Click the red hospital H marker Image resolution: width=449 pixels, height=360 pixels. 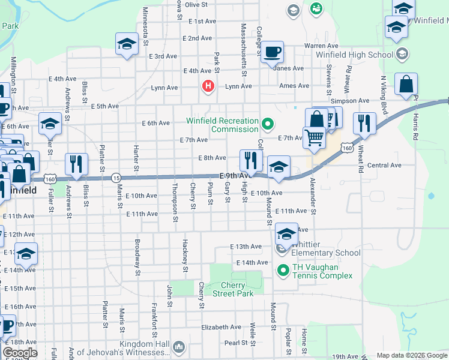208,86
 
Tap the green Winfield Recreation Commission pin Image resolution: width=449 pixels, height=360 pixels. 268,125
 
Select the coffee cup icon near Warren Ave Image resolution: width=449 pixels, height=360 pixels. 273,52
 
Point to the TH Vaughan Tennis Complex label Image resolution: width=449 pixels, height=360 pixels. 322,271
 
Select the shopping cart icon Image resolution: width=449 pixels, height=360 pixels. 315,137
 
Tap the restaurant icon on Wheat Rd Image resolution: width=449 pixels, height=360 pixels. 364,123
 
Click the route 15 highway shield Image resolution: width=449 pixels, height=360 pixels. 116,178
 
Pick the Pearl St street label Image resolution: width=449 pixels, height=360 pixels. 236,343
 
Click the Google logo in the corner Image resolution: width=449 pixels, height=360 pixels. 19,353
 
